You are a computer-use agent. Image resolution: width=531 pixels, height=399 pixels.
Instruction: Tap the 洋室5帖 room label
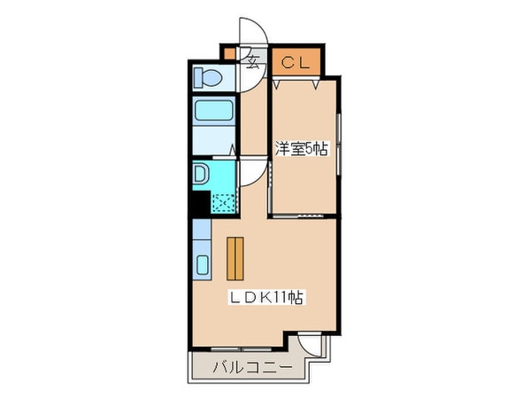[302, 150]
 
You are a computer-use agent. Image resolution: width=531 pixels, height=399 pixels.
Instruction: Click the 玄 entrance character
[252, 62]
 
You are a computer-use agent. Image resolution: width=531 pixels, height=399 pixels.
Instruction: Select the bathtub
[212, 113]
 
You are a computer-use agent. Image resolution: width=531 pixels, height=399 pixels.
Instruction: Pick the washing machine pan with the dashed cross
[223, 202]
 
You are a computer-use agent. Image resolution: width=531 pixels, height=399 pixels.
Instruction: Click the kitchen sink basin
[201, 265]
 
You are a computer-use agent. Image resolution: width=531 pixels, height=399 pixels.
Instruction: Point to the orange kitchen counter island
[235, 259]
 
